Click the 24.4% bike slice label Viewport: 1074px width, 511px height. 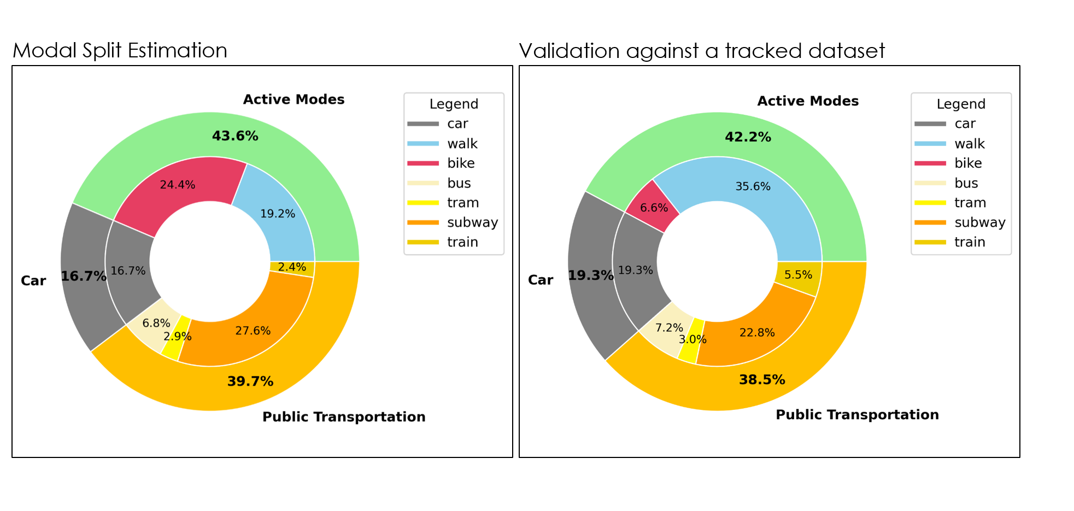point(178,185)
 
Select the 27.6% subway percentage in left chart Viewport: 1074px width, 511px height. point(253,331)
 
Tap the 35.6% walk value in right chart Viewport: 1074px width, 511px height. point(753,186)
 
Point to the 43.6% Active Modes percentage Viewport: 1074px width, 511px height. point(235,136)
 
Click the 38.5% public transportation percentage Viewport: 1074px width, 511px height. point(762,379)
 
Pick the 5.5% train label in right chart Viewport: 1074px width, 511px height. point(798,275)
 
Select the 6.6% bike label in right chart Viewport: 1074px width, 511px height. point(654,208)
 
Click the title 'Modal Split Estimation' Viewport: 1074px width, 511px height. point(120,50)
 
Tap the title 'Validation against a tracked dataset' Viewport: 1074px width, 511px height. point(701,51)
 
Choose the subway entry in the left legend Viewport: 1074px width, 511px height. point(472,222)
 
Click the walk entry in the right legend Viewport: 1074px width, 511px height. point(969,144)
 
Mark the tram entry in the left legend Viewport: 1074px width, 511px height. point(462,203)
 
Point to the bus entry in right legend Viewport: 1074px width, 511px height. point(966,183)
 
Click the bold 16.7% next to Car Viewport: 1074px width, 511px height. point(83,276)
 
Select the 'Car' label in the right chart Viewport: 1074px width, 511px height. point(540,280)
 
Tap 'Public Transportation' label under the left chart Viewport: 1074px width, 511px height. point(344,416)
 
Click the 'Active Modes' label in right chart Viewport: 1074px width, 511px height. point(808,101)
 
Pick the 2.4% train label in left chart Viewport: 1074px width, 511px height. point(292,267)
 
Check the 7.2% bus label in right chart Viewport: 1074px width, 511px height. point(669,327)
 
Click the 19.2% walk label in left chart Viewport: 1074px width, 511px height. point(278,214)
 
